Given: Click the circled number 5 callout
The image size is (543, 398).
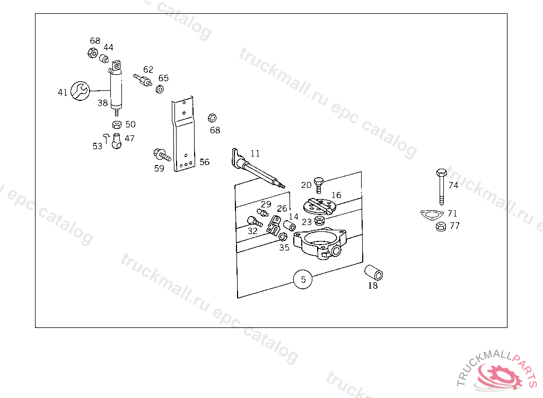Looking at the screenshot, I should (x=303, y=279).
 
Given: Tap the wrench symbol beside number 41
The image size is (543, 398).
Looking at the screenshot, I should (x=80, y=91).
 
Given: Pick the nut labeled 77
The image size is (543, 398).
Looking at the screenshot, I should (x=440, y=227).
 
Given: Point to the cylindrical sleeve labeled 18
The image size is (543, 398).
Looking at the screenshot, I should (x=373, y=272).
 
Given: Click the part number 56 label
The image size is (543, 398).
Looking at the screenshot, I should (x=205, y=162).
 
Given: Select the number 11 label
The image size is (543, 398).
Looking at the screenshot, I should (x=255, y=153).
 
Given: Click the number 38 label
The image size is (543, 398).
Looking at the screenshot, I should (x=102, y=103).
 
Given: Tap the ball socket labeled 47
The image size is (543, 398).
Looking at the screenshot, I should (x=117, y=141).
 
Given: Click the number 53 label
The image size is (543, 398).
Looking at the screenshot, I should (x=97, y=146).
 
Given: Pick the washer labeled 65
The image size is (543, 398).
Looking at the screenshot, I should (x=159, y=89).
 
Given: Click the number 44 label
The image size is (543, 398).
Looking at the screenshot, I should (x=108, y=47).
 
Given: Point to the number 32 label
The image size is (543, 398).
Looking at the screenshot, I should (x=252, y=231).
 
